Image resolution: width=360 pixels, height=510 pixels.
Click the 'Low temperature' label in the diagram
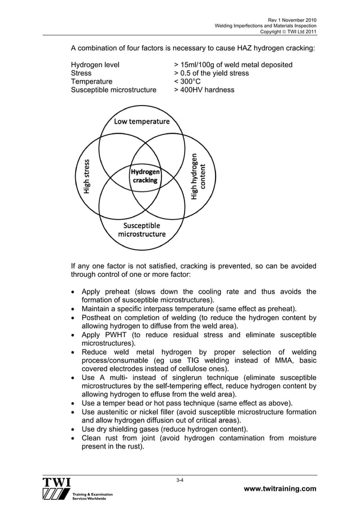tap(142, 121)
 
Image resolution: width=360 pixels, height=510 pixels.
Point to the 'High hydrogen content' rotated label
tap(199, 176)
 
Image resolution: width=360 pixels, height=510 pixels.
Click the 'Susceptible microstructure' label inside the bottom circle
tap(142, 229)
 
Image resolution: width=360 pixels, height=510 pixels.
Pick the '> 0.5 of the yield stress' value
tap(211, 73)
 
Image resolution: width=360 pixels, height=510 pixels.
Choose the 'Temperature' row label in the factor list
tap(91, 81)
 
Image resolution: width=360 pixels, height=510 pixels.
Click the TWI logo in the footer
tap(56, 489)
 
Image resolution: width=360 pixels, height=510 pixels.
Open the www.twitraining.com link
tap(280, 489)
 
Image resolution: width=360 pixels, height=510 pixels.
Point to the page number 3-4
tap(180, 480)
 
